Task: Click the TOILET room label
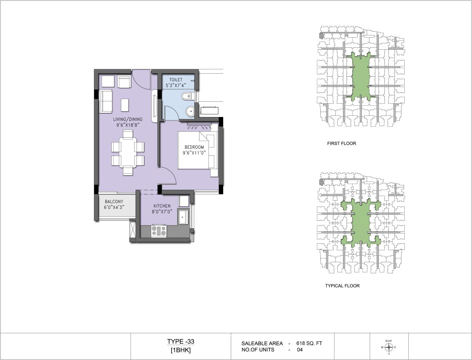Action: pos(176,80)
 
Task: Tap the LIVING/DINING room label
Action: pos(128,119)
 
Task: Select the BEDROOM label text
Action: pos(194,147)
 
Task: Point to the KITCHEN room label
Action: pos(162,206)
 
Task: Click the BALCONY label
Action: pos(114,202)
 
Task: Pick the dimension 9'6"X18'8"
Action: pos(128,125)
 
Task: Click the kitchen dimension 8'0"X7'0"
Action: pos(162,212)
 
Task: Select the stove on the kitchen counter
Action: pos(159,231)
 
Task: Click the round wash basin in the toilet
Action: pos(190,111)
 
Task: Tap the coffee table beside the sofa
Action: pos(125,105)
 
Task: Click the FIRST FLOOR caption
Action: pos(341,144)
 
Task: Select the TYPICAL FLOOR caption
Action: pos(342,286)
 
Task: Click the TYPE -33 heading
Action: pos(181,341)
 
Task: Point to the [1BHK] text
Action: pos(181,350)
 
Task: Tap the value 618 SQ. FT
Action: pos(309,343)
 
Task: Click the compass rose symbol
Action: pos(389,347)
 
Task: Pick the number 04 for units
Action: pos(300,350)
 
